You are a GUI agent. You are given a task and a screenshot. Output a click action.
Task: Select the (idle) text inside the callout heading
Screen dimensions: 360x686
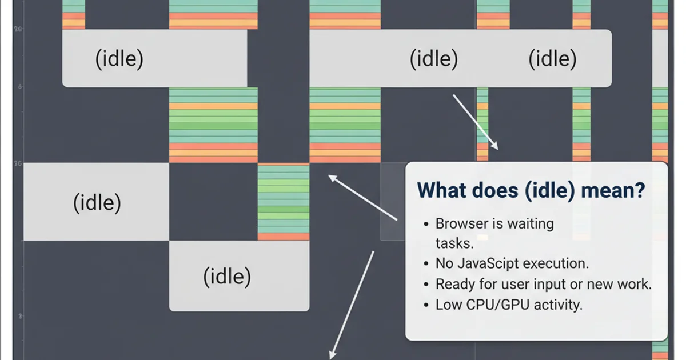coord(549,190)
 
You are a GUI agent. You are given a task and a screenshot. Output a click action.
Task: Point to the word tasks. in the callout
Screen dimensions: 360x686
coord(454,243)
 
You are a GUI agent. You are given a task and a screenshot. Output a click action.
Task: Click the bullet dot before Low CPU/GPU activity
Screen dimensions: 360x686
coord(426,305)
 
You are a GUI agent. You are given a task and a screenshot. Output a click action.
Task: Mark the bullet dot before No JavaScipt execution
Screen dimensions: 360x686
coord(426,264)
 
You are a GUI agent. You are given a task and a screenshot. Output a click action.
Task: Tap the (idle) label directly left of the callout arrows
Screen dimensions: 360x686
coord(97,202)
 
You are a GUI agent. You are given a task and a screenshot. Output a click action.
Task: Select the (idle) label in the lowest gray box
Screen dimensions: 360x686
coord(227,277)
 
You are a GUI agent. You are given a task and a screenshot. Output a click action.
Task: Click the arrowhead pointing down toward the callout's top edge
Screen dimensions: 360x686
coord(495,146)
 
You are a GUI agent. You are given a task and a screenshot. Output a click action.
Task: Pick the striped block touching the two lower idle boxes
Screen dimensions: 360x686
coord(284,202)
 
